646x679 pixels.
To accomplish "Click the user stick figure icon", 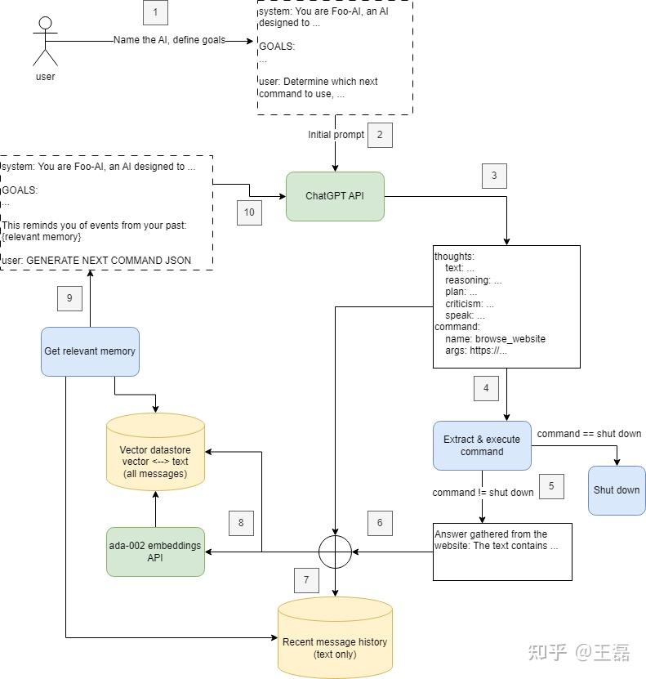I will [45, 40].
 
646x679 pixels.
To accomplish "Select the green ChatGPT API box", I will [335, 196].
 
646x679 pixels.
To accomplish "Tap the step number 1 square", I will [155, 12].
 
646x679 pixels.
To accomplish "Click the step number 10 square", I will [249, 212].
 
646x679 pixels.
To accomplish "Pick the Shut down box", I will [617, 490].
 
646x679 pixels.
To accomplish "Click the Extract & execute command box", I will [482, 445].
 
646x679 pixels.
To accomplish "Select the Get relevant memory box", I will [90, 351].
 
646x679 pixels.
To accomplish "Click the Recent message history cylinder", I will [335, 641].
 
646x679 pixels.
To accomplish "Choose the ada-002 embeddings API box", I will [155, 552].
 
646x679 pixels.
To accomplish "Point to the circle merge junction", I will [335, 552].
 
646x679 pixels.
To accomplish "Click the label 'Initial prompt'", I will [336, 135].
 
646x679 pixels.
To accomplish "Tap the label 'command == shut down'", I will [589, 434].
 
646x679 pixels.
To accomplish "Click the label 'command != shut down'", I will [483, 493].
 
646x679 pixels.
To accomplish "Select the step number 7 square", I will [306, 580].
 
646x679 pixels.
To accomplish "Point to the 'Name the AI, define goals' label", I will [169, 41].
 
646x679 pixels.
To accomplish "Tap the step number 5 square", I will [551, 485].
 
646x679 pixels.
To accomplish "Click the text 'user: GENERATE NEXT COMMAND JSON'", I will [97, 261].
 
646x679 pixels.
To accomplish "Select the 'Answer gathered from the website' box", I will [502, 552].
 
